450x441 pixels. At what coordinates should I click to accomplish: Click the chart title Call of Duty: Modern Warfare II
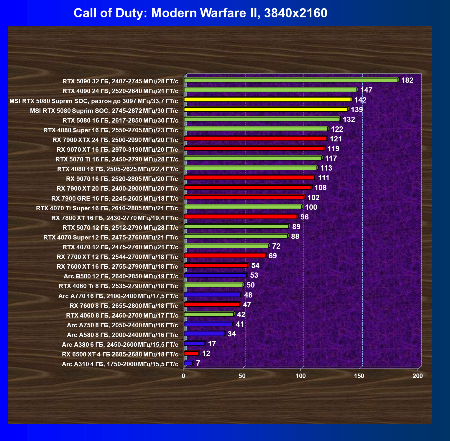200,13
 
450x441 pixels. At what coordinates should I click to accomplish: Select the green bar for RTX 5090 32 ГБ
291,80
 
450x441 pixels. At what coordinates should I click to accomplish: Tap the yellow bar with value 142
267,100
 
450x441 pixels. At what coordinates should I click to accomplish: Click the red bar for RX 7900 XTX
255,139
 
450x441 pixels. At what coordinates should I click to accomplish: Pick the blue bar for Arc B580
215,275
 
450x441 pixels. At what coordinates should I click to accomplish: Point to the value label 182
407,80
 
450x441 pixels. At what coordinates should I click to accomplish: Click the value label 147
366,90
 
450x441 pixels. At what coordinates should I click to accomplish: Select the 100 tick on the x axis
300,376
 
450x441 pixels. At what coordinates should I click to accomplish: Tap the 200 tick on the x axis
418,376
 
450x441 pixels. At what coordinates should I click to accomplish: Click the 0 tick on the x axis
183,376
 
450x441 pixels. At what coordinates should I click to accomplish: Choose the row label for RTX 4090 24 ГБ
120,91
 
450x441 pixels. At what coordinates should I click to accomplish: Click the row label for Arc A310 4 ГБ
120,364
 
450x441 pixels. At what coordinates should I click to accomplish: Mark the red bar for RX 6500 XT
191,353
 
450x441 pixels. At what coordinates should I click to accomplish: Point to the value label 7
198,363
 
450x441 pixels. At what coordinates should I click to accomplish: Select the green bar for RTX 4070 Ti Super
243,207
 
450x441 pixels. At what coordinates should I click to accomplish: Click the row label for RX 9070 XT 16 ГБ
117,150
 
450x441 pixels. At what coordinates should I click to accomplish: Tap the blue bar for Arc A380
194,343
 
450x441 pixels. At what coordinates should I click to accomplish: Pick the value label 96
304,217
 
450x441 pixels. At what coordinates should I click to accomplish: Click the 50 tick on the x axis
242,376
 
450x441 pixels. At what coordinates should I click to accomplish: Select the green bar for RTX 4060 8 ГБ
209,314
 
